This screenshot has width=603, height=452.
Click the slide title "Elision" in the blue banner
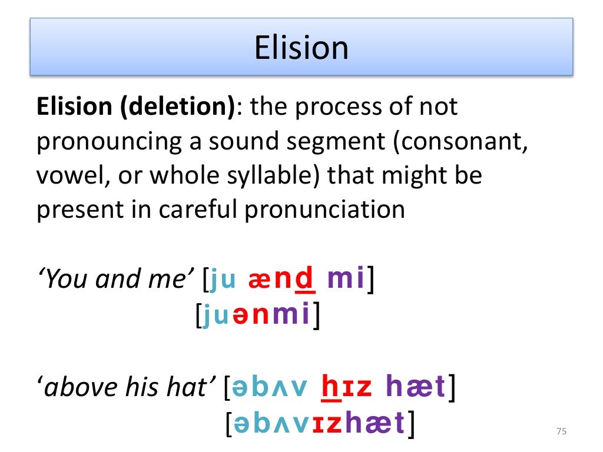coord(301,47)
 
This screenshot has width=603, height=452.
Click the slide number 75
coord(561,432)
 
